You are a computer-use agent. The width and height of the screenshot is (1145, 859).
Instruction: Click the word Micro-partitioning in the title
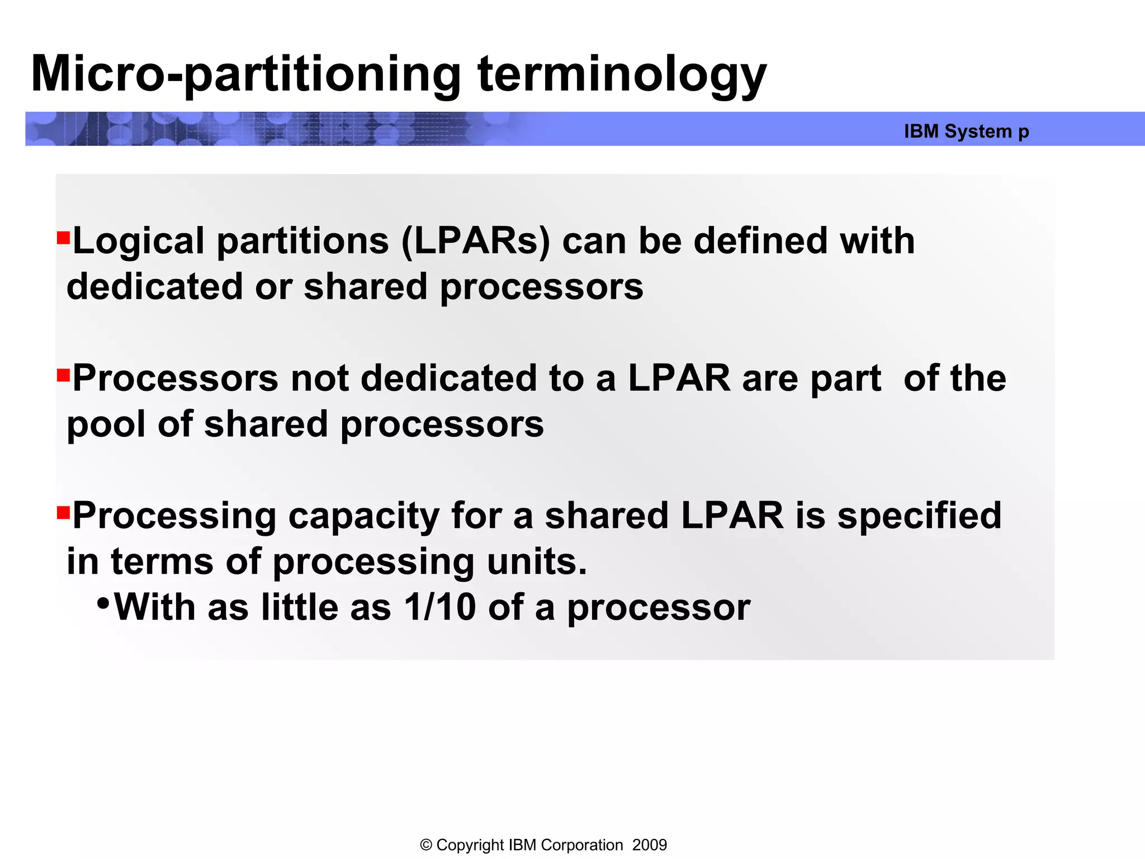pos(246,74)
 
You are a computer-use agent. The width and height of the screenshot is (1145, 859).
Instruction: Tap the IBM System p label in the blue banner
pos(966,131)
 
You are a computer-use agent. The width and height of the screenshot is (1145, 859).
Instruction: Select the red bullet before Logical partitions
pos(63,239)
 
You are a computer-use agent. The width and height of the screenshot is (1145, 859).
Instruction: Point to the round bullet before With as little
pos(103,604)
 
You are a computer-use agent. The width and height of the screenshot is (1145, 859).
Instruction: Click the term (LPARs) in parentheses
pos(476,242)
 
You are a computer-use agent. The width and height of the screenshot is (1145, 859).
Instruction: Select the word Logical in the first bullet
pos(139,242)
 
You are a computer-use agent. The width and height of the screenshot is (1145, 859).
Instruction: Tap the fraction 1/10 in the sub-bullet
pos(440,607)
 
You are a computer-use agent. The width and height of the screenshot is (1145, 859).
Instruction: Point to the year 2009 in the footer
pos(649,845)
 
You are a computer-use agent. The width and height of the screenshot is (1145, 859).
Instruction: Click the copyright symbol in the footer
pos(426,845)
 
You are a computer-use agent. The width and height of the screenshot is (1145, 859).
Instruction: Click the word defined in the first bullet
pos(760,242)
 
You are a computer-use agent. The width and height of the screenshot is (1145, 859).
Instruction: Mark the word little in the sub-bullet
pos(300,607)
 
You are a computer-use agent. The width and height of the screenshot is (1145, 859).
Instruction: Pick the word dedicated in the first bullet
pos(155,287)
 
